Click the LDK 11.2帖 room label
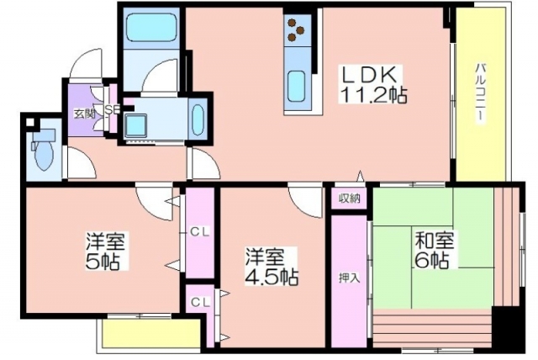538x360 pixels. pos(372,84)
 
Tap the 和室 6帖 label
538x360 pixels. pos(434,250)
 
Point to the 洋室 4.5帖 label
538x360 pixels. pos(271,267)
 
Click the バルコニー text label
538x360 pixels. pos(481,92)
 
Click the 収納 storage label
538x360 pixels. pos(350,198)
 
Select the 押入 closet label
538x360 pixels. pos(349,278)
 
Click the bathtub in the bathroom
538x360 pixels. pos(150,27)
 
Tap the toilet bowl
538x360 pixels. pos(44,152)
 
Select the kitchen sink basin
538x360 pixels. pos(297,86)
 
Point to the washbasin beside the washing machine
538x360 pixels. pos(198,119)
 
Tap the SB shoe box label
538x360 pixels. pos(112,109)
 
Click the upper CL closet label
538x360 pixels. pos(200,232)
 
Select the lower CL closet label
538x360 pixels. pos(200,302)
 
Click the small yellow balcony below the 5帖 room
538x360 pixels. pos(151,336)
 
